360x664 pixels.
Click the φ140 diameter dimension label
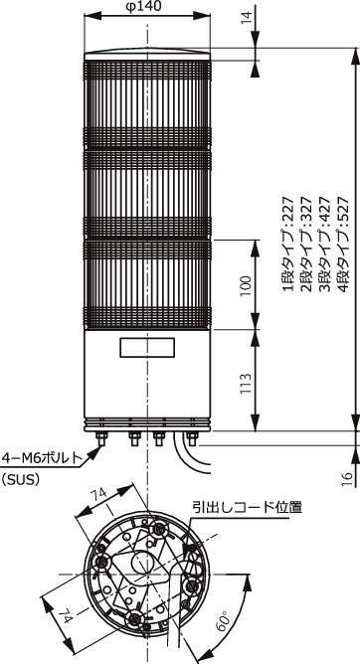point(146,9)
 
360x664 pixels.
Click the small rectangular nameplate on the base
point(146,349)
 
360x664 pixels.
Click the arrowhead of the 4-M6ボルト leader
point(96,443)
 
